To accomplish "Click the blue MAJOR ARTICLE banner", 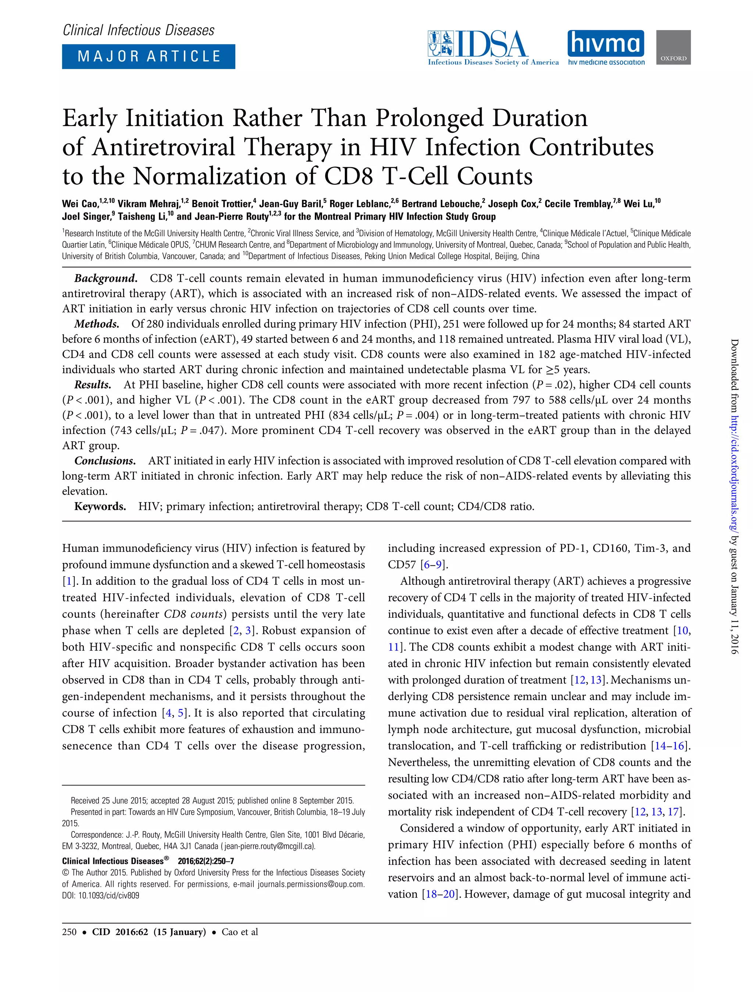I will coord(149,57).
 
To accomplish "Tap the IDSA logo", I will coord(493,48).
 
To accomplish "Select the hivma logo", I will coord(606,47).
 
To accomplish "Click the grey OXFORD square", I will coord(673,47).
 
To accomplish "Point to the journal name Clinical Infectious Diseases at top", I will coord(138,30).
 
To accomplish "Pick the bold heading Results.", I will coord(92,385).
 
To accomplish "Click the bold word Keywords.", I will coord(100,507).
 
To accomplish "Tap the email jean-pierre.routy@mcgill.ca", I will coord(269,846).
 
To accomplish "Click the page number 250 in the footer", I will coord(69,932).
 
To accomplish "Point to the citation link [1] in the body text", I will coord(69,581).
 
